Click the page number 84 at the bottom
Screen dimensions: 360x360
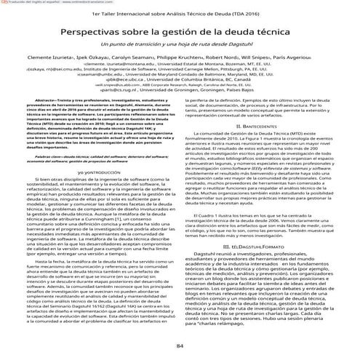coord(180,344)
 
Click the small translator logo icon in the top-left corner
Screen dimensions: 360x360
coord(3,3)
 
